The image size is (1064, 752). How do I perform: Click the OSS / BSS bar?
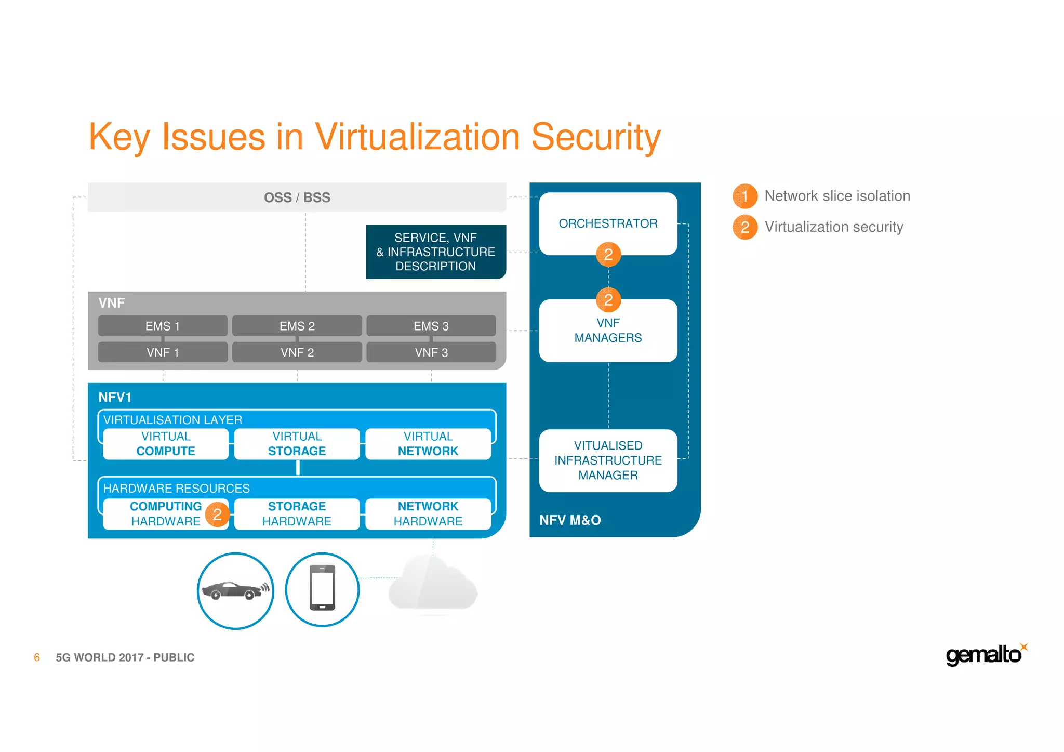pos(297,197)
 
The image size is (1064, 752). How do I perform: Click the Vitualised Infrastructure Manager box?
pos(608,460)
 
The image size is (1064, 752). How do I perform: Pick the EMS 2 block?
pos(297,326)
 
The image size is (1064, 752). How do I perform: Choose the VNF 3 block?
pos(431,352)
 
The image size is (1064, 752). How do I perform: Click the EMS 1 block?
pos(163,326)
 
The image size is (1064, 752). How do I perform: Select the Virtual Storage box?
pos(297,444)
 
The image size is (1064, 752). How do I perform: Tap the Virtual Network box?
pos(428,444)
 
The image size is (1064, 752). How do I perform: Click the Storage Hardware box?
pos(297,514)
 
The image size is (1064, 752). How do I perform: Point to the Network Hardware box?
pos(428,514)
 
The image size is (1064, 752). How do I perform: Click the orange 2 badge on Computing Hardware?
pos(217,514)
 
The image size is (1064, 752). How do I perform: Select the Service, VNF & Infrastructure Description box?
pos(435,252)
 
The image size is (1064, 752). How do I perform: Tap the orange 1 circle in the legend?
pos(744,196)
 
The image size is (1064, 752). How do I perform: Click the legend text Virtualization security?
pos(834,227)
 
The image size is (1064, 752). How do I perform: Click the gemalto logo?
pos(985,655)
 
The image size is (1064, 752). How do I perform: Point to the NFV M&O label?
pos(570,520)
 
